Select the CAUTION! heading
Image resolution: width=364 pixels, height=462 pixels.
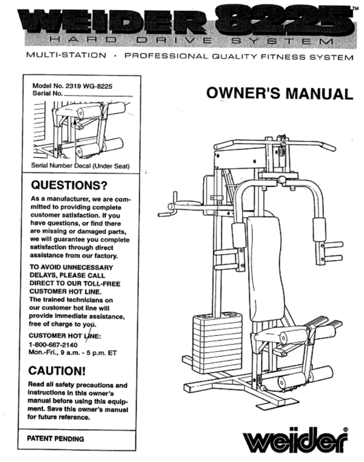coord(58,370)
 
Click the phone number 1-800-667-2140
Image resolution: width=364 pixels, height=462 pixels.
coord(55,345)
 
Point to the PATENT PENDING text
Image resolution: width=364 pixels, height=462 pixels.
coord(56,438)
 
